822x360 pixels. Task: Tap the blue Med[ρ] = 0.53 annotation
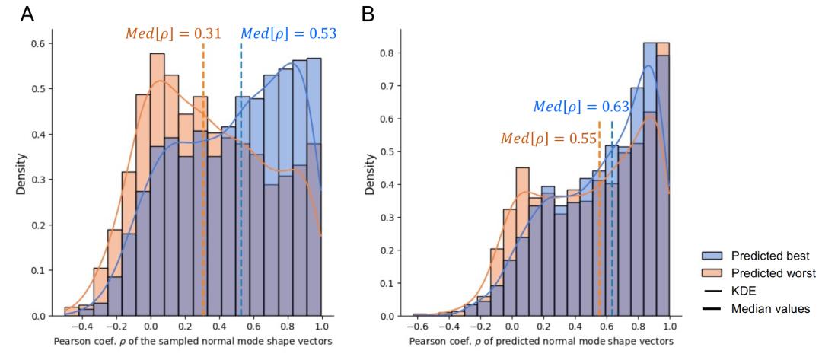[288, 34]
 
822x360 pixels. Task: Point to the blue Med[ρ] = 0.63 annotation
[581, 107]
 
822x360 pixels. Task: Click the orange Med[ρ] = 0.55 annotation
[548, 139]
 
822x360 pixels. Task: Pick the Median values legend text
[769, 308]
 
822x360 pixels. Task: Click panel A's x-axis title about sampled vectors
[193, 341]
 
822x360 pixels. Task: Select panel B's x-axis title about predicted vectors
[541, 341]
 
